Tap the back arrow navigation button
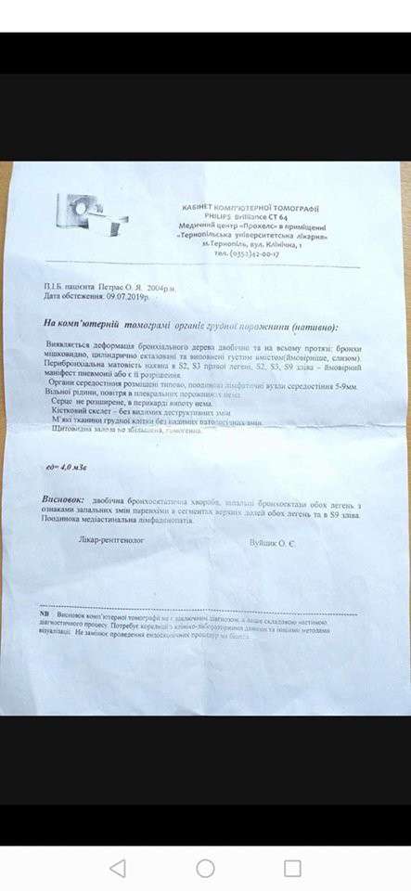pyautogui.click(x=118, y=868)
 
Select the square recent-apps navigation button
pyautogui.click(x=292, y=868)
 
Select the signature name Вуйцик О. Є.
pyautogui.click(x=275, y=541)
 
